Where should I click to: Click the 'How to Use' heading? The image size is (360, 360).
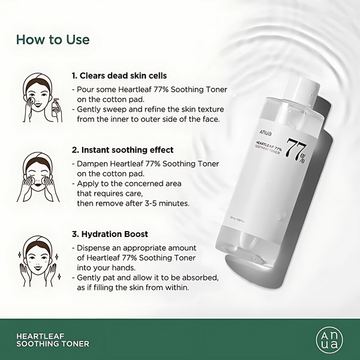(53, 40)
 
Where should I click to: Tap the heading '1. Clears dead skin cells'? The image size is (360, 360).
(119, 76)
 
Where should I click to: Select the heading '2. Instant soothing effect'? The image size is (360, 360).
(122, 150)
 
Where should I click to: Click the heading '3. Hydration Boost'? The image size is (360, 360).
(110, 234)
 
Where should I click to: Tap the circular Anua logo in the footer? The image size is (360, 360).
(330, 338)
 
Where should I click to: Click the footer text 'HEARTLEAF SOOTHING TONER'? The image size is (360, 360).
(54, 340)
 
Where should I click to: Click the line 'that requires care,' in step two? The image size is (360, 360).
(110, 193)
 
